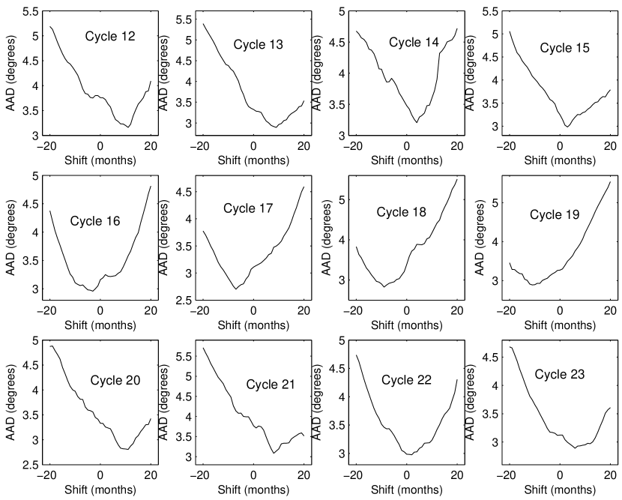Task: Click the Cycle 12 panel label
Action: (109, 36)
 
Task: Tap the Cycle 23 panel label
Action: (560, 373)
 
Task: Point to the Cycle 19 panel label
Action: (555, 215)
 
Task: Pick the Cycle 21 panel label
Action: (271, 385)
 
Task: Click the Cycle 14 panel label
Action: (414, 42)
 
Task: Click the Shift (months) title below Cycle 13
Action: (253, 159)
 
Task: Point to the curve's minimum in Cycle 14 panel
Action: (416, 122)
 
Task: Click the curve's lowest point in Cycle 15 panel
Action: (567, 126)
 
